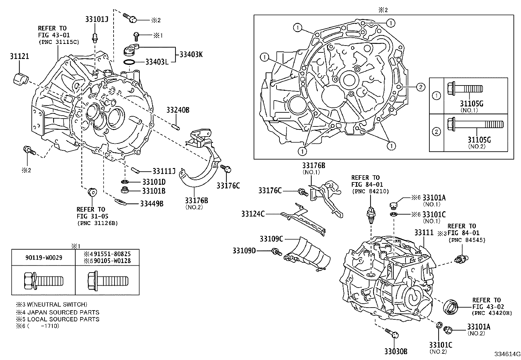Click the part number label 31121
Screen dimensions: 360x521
(x=19, y=56)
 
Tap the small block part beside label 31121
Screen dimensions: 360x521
(x=21, y=79)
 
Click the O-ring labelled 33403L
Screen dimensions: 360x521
(x=129, y=62)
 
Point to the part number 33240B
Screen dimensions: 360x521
(x=178, y=110)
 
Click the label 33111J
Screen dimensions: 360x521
(x=164, y=171)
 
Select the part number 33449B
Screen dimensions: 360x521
(x=152, y=204)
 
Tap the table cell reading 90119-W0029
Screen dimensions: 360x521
(x=43, y=257)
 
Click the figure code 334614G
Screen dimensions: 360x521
(x=507, y=354)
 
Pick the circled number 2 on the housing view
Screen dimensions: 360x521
(x=421, y=87)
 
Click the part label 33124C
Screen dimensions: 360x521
(x=253, y=214)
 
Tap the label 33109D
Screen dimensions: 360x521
(x=244, y=251)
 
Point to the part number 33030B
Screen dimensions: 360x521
(x=396, y=351)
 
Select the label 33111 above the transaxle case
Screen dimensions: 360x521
(x=423, y=233)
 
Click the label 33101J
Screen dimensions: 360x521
(x=97, y=19)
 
